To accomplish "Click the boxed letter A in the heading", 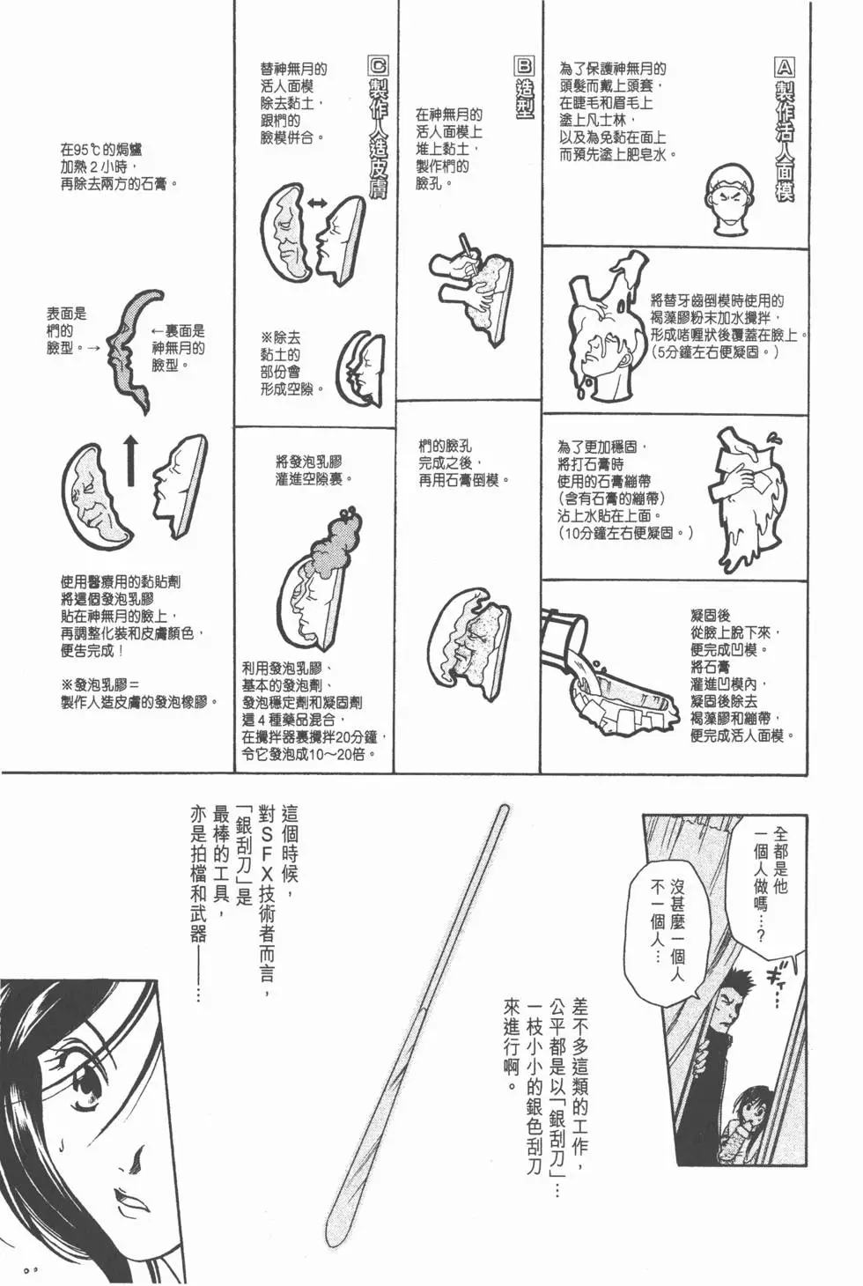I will pos(783,67).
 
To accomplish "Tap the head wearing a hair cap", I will pos(734,197).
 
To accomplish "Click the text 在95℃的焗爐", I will pos(100,150).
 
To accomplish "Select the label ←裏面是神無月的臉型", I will pos(177,347).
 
